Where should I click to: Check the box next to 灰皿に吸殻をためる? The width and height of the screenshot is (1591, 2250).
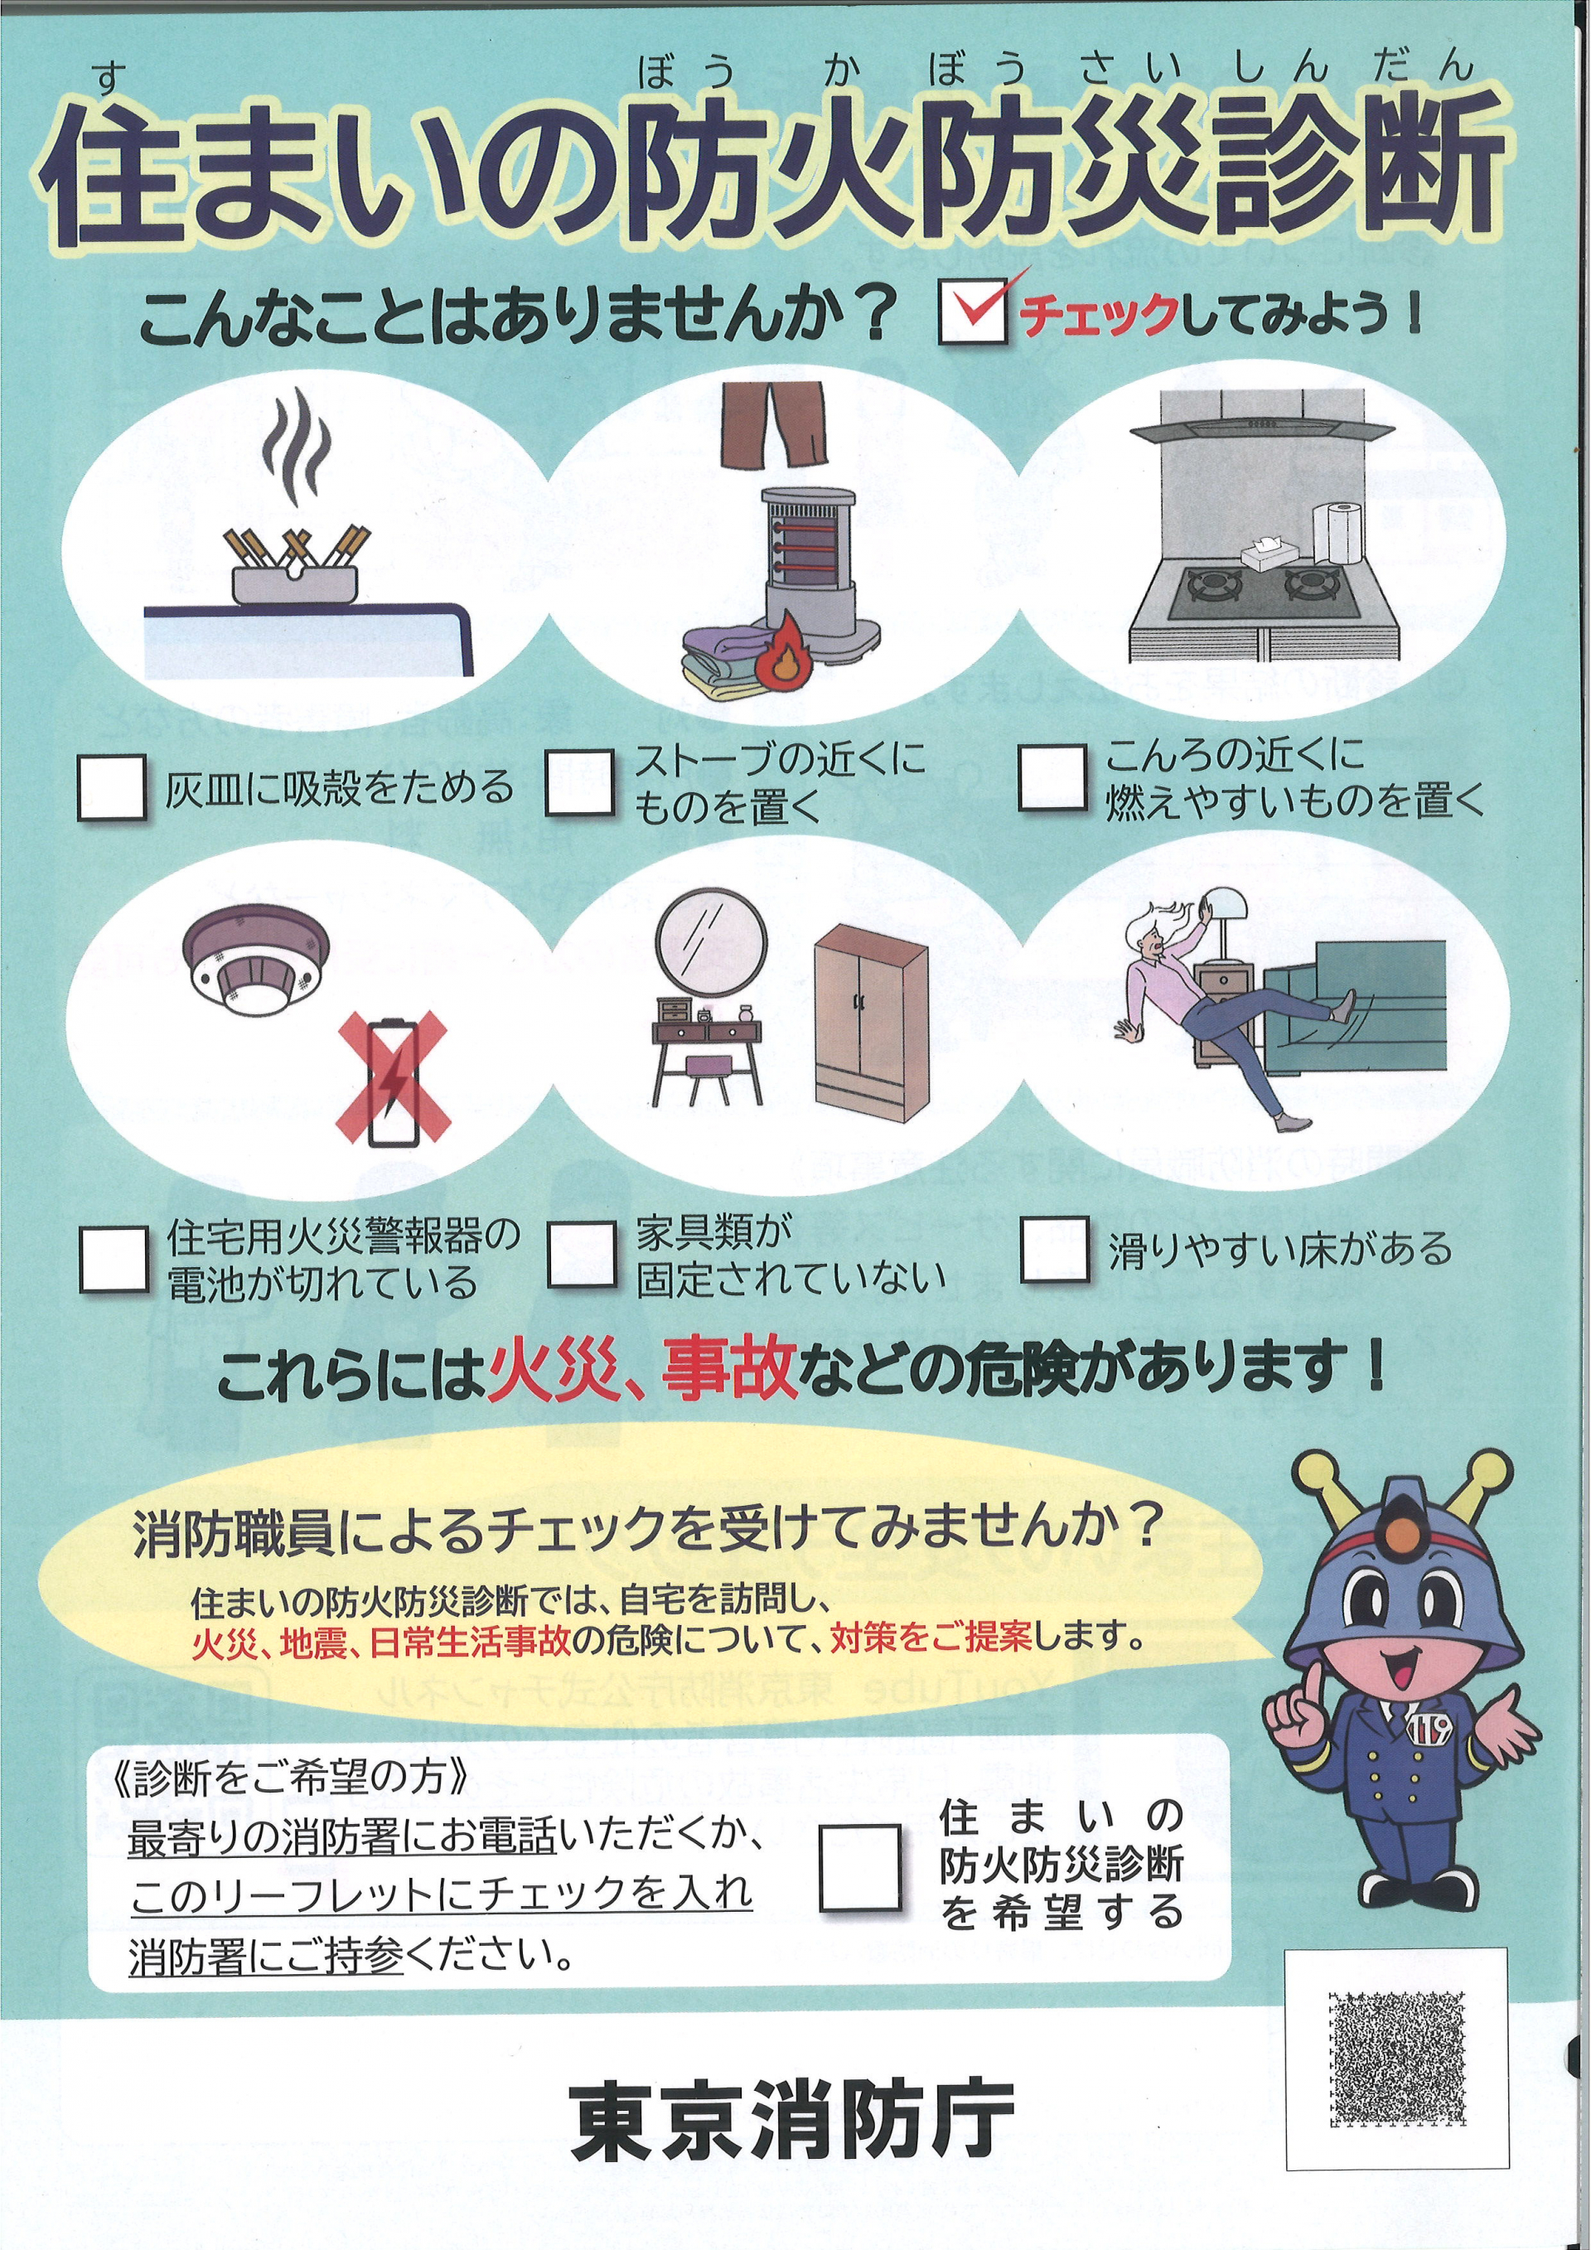click(x=113, y=786)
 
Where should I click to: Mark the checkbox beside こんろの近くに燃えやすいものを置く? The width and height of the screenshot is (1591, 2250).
click(x=1052, y=777)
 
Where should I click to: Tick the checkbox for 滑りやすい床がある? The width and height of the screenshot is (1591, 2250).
click(x=1054, y=1250)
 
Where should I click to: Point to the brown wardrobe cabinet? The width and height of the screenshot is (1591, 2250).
click(x=870, y=1021)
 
